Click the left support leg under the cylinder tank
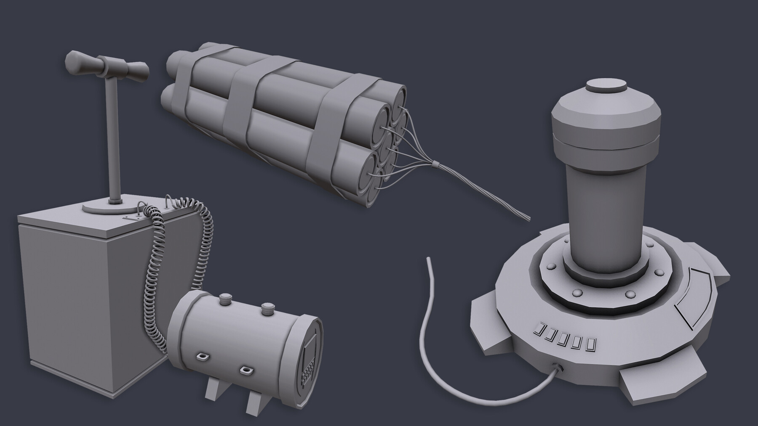pyautogui.click(x=213, y=393)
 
